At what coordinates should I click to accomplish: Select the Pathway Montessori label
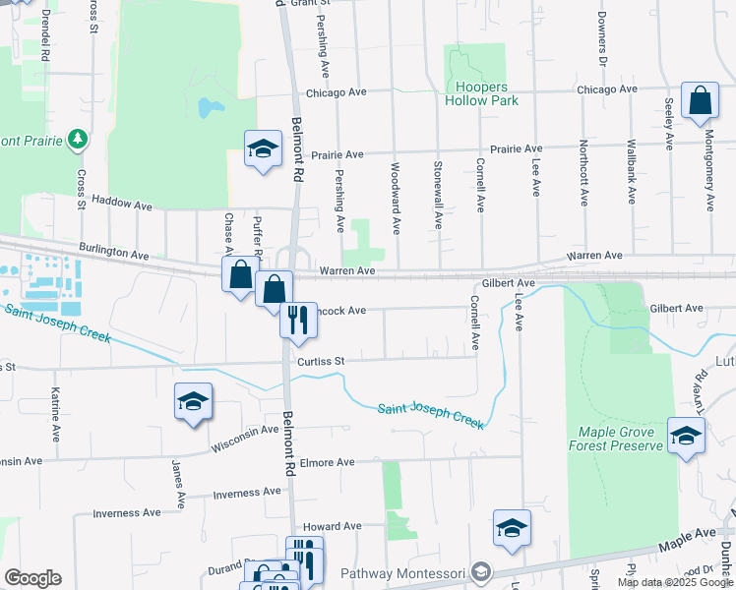click(x=399, y=573)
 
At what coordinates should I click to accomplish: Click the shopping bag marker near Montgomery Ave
click(x=700, y=101)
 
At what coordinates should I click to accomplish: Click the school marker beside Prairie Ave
click(x=262, y=149)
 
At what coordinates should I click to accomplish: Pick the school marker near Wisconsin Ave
click(x=194, y=401)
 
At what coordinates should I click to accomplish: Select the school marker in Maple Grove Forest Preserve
click(x=686, y=436)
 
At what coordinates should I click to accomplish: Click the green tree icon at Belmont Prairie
click(x=78, y=141)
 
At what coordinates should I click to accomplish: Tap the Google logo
click(x=32, y=578)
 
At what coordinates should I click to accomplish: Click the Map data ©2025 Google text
click(x=675, y=582)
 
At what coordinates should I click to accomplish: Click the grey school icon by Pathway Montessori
click(x=480, y=572)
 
